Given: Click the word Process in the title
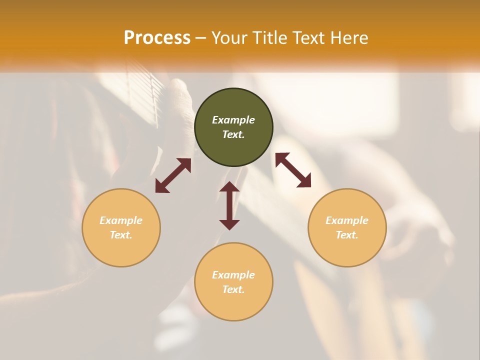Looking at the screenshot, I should pyautogui.click(x=157, y=38).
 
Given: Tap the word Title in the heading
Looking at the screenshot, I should pyautogui.click(x=269, y=38).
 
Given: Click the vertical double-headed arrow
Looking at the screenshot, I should pyautogui.click(x=229, y=205).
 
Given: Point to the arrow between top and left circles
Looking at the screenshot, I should pyautogui.click(x=173, y=175).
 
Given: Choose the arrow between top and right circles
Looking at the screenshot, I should pyautogui.click(x=293, y=170).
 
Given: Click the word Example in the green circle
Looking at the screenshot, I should pyautogui.click(x=233, y=120).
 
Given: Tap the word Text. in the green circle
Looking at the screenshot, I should pyautogui.click(x=233, y=134).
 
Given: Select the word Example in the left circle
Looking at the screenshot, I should pyautogui.click(x=121, y=220).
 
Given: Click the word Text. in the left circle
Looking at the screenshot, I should pyautogui.click(x=121, y=235).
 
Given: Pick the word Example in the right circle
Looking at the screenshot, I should pyautogui.click(x=347, y=220).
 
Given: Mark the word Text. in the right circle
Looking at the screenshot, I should pyautogui.click(x=347, y=235).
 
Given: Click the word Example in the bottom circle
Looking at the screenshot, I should pyautogui.click(x=233, y=275).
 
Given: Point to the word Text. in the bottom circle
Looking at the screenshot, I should pyautogui.click(x=233, y=289).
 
